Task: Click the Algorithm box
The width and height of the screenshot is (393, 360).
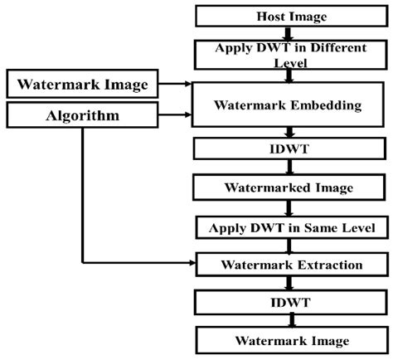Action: click(83, 115)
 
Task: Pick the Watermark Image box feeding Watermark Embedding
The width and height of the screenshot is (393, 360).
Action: click(83, 83)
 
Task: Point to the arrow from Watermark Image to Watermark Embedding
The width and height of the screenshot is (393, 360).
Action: click(176, 83)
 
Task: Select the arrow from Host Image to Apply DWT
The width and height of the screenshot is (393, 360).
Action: click(288, 33)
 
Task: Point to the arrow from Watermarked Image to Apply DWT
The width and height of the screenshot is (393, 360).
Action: click(288, 207)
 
